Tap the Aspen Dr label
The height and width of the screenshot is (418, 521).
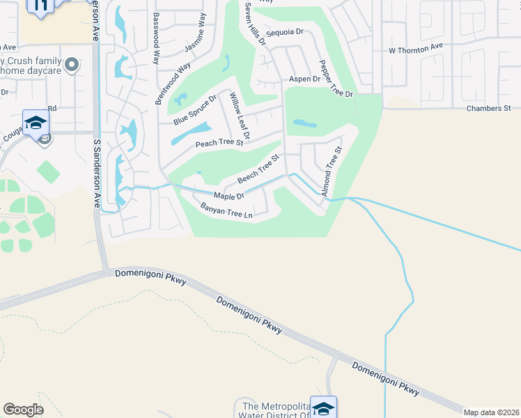[x=304, y=79]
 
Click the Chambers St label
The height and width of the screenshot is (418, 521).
[x=489, y=109]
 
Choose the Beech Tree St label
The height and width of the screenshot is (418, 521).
[x=258, y=169]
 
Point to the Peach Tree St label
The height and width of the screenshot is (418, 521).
[x=219, y=143]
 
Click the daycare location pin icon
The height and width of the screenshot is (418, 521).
[x=71, y=67]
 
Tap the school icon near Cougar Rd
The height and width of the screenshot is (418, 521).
[x=36, y=123]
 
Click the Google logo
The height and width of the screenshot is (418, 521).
[x=23, y=410]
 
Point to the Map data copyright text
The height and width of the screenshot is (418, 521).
[x=491, y=412]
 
